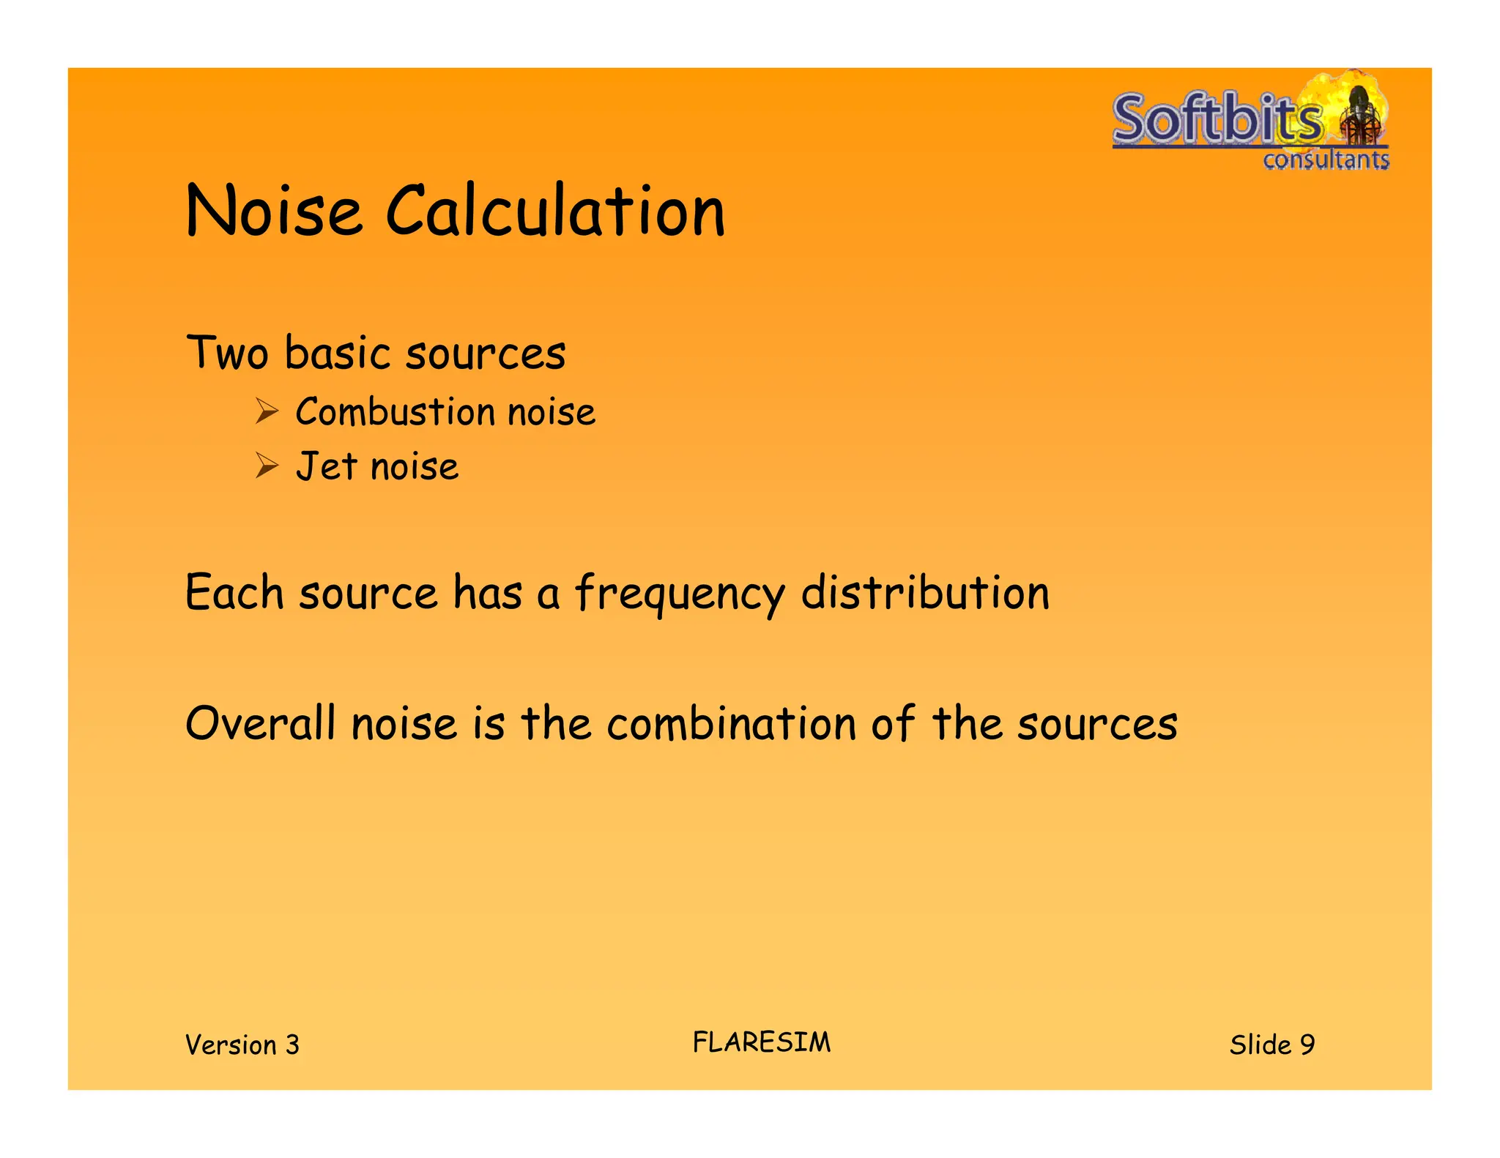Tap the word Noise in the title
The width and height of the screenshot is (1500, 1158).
click(274, 212)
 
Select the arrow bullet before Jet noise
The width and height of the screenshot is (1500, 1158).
click(267, 466)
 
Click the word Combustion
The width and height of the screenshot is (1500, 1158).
click(396, 411)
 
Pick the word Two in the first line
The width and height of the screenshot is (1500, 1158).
click(227, 353)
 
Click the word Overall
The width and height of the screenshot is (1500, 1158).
click(260, 723)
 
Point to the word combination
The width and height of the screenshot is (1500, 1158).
click(731, 723)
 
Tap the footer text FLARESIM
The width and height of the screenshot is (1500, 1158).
click(762, 1042)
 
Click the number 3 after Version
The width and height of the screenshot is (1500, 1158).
click(292, 1045)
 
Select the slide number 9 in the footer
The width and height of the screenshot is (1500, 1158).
click(1307, 1045)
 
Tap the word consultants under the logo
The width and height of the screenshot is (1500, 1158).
click(1326, 160)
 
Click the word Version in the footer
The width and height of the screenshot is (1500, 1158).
click(231, 1045)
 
